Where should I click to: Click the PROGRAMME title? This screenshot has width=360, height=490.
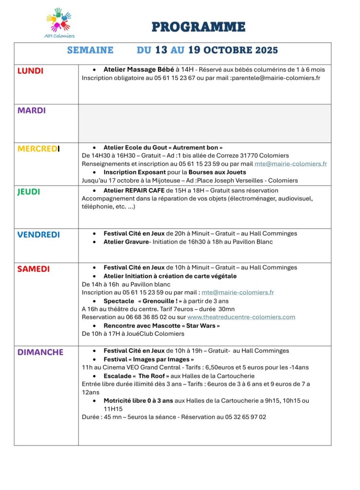coord(198,27)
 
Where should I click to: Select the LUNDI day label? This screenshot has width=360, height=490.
coord(30,71)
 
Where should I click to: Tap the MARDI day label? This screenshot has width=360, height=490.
coord(32,111)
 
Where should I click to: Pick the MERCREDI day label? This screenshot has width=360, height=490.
coord(39,149)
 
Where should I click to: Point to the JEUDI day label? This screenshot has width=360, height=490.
coord(29,192)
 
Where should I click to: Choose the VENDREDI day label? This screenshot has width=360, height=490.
coord(38,235)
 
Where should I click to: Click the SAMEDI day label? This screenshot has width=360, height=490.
coord(34,269)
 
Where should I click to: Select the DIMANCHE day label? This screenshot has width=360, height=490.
coord(40,352)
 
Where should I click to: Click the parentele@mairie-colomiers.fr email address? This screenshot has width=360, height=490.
coord(276,78)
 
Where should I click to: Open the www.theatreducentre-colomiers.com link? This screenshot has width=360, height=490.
coord(241,317)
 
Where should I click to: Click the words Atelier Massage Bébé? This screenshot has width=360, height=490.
coord(139,69)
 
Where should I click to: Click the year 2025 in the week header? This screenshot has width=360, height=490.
coord(266,50)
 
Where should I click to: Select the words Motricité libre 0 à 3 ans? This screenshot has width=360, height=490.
coord(138,401)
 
